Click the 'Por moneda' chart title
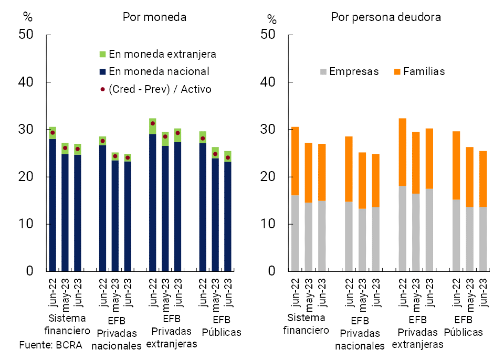[154, 17]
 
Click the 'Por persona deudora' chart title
[386, 17]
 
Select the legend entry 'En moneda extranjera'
[157, 54]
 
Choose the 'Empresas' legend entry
[349, 71]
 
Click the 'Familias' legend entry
[418, 71]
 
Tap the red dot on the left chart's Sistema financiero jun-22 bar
[52, 133]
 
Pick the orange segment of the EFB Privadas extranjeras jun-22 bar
[402, 152]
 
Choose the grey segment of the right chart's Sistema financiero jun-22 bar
[295, 233]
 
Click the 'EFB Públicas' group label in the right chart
[463, 326]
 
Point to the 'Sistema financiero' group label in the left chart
[67, 324]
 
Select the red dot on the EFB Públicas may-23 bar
[215, 154]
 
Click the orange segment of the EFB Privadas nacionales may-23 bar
[362, 181]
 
